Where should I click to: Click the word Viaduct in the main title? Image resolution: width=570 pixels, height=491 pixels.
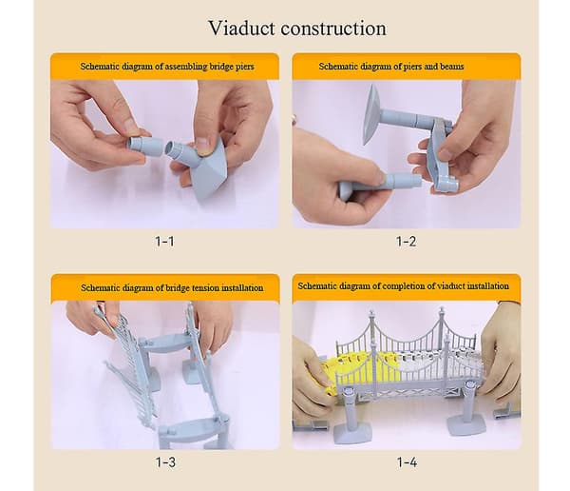coord(241,28)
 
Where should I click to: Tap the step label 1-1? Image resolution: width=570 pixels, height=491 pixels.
coord(164,241)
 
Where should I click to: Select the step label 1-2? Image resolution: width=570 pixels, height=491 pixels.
coord(406,241)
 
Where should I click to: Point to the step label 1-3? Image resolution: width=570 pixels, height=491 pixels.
coord(165,462)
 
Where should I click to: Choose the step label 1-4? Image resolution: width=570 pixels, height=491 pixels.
coord(408,462)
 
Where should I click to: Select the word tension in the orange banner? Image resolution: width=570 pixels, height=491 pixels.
coord(205,287)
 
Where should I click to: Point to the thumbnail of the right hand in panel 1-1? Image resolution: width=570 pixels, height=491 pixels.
coord(204,145)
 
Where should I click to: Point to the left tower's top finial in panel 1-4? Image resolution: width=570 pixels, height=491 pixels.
coord(371,313)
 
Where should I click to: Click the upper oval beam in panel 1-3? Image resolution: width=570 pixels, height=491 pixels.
coord(165,344)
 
